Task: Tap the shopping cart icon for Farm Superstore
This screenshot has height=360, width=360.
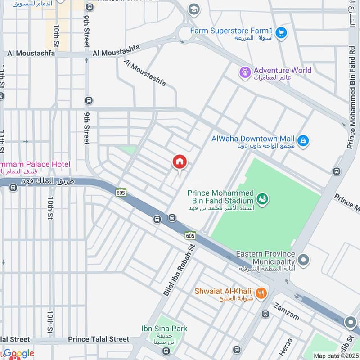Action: click(281, 33)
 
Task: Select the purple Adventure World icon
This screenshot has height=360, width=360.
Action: click(245, 72)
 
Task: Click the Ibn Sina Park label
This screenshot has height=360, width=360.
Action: click(164, 329)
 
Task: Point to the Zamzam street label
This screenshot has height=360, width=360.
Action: click(286, 310)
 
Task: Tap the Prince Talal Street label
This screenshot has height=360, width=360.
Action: click(99, 339)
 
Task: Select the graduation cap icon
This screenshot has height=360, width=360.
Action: click(194, 9)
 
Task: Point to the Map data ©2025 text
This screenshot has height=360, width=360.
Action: click(335, 355)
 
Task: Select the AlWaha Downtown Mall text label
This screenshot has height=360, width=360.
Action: click(253, 139)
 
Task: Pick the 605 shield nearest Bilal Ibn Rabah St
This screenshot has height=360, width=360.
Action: click(190, 235)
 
